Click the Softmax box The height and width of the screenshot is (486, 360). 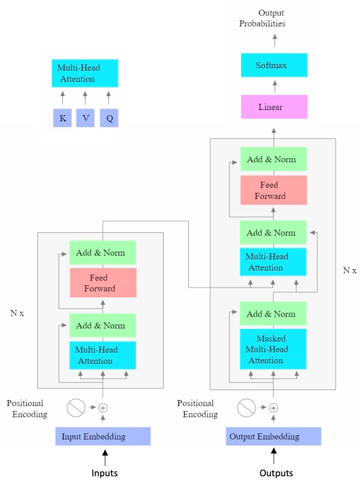click(x=274, y=65)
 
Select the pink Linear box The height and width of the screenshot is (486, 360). click(x=274, y=107)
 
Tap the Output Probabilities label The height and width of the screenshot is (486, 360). click(x=262, y=18)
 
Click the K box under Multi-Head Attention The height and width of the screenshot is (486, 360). click(x=62, y=118)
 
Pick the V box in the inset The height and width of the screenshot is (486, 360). click(x=85, y=118)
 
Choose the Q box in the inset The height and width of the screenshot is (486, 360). click(x=109, y=118)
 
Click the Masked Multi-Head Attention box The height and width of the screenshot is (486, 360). click(x=273, y=349)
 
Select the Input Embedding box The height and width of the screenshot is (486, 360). click(x=103, y=436)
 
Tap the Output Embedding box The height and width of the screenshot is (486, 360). click(x=273, y=436)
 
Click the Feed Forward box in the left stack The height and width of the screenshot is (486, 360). click(x=103, y=283)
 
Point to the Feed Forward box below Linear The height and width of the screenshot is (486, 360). click(x=273, y=190)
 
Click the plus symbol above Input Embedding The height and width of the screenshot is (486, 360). click(x=103, y=408)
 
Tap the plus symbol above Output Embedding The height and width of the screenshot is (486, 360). click(x=274, y=408)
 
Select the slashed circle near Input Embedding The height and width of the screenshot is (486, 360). click(x=76, y=408)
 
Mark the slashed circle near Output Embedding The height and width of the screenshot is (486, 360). click(x=246, y=408)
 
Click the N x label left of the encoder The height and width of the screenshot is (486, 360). click(x=17, y=313)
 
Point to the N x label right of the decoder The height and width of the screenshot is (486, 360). click(x=350, y=270)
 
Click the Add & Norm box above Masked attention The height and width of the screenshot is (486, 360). click(x=273, y=314)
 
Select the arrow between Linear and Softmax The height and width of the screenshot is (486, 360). click(x=274, y=86)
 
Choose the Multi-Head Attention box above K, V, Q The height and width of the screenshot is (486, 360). click(x=85, y=73)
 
